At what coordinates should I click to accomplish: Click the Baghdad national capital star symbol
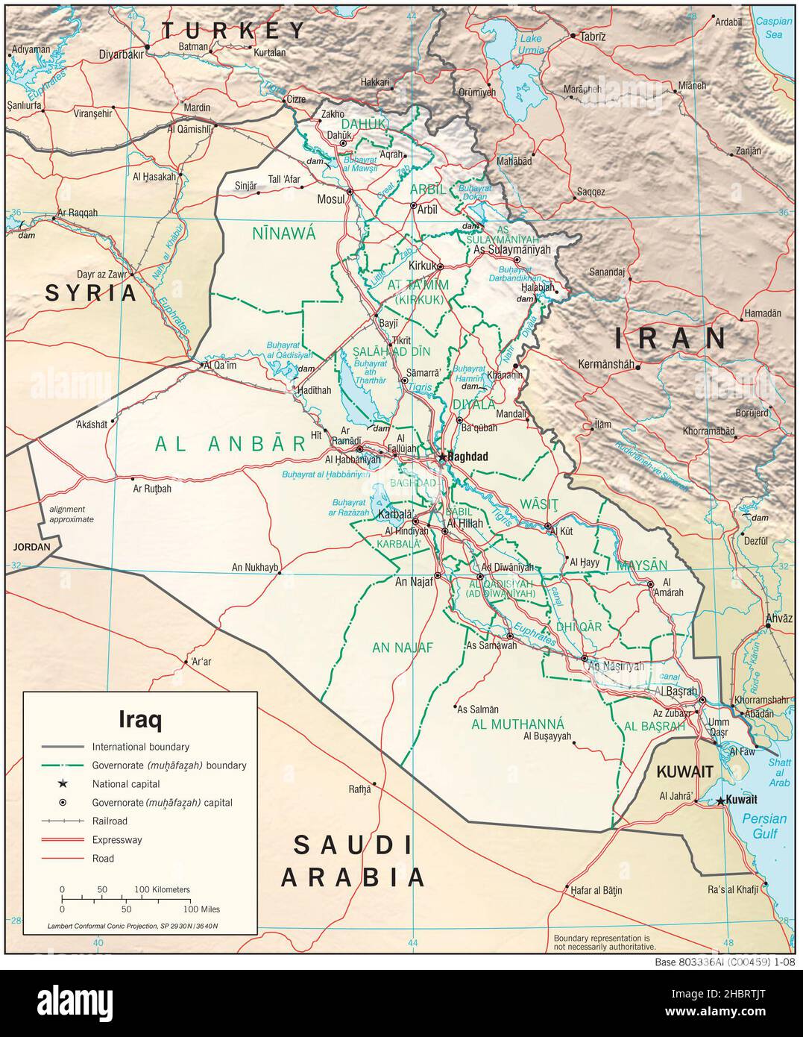pyautogui.click(x=442, y=456)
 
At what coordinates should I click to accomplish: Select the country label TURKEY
pyautogui.click(x=234, y=31)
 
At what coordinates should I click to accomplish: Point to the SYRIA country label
pyautogui.click(x=92, y=293)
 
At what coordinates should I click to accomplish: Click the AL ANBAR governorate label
pyautogui.click(x=231, y=444)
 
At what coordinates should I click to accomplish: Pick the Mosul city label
pyautogui.click(x=331, y=199)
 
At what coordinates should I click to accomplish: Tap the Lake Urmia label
pyautogui.click(x=531, y=44)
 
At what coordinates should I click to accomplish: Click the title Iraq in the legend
pyautogui.click(x=140, y=719)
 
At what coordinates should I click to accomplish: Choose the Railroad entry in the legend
pyautogui.click(x=110, y=821)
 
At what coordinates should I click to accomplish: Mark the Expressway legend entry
pyautogui.click(x=116, y=840)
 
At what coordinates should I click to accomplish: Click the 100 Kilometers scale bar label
pyautogui.click(x=162, y=889)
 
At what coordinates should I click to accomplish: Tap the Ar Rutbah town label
pyautogui.click(x=152, y=489)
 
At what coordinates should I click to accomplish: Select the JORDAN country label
pyautogui.click(x=31, y=547)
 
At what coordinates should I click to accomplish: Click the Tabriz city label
pyautogui.click(x=593, y=36)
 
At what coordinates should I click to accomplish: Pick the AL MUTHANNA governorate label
pyautogui.click(x=517, y=724)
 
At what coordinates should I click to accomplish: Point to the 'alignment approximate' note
pyautogui.click(x=72, y=513)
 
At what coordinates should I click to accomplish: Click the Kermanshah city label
pyautogui.click(x=610, y=365)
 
